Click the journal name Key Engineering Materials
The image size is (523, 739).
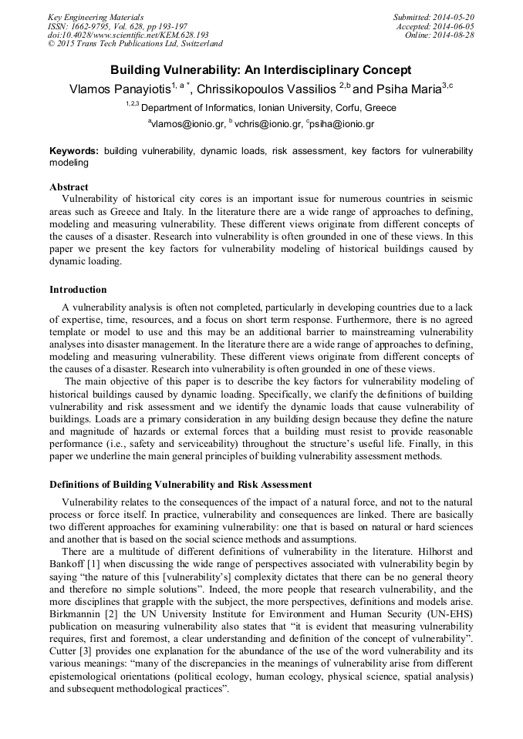pos(96,17)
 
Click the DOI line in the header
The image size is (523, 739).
pos(128,35)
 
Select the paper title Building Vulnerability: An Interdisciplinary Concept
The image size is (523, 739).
pos(260,70)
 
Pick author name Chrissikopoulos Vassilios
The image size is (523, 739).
pos(267,90)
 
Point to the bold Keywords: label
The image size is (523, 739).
pos(74,151)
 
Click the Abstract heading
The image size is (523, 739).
pos(69,186)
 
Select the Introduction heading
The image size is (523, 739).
pos(78,290)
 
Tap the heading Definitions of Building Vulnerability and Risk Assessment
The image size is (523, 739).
pos(181,485)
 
